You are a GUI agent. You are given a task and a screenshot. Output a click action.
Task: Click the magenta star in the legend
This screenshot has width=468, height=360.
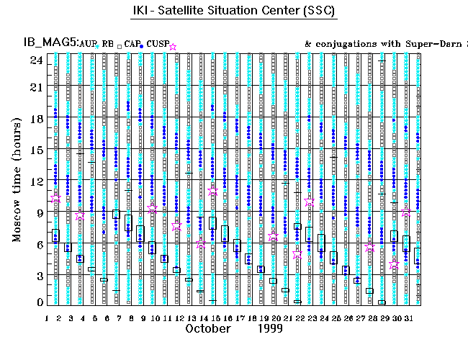173,47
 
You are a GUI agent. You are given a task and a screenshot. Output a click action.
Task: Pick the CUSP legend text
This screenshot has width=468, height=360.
157,45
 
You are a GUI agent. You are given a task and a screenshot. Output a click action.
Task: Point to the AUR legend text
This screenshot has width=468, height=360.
86,45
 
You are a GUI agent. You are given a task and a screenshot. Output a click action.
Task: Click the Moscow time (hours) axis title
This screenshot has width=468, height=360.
17,179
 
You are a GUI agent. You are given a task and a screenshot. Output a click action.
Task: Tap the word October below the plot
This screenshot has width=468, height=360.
208,328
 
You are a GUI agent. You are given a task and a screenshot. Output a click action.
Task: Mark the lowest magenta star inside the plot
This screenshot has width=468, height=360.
393,265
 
